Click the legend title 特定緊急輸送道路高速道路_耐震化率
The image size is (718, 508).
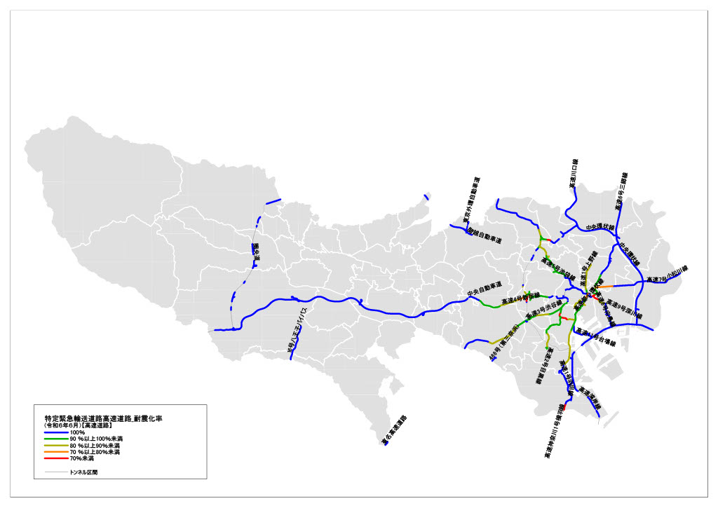coord(103,418)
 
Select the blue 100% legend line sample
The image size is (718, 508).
coord(56,432)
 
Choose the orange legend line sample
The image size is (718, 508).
coord(56,452)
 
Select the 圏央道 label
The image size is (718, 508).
coord(256,253)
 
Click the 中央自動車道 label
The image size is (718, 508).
coord(485,288)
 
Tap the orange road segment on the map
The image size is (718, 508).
coord(604,287)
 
